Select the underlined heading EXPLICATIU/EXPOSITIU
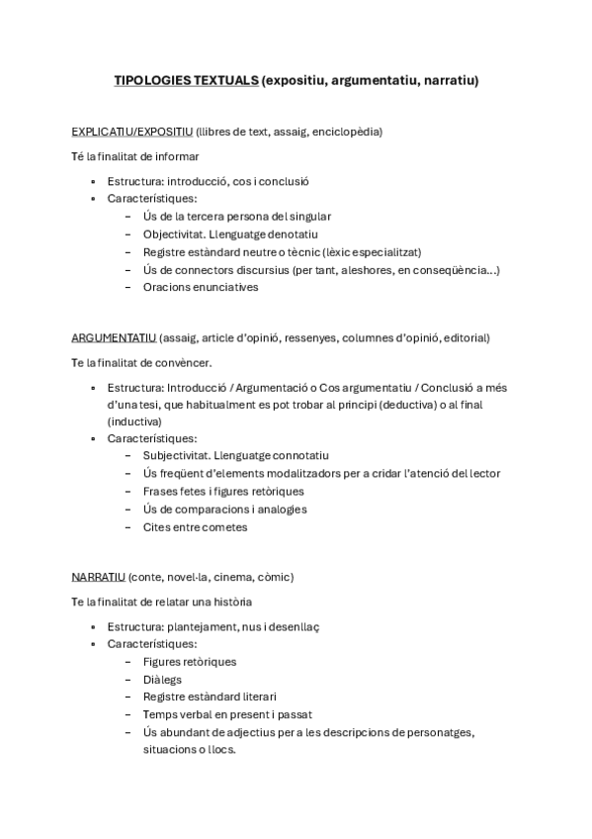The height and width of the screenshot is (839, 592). pos(132,131)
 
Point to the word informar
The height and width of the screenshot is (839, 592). pos(177,156)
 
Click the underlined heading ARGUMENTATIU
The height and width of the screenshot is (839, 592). pos(114,337)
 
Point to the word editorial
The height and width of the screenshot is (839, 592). pos(465,337)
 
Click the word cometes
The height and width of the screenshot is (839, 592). pos(221,526)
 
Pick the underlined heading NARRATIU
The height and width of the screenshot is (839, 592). pos(98,577)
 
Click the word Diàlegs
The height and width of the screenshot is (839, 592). pos(164,679)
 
